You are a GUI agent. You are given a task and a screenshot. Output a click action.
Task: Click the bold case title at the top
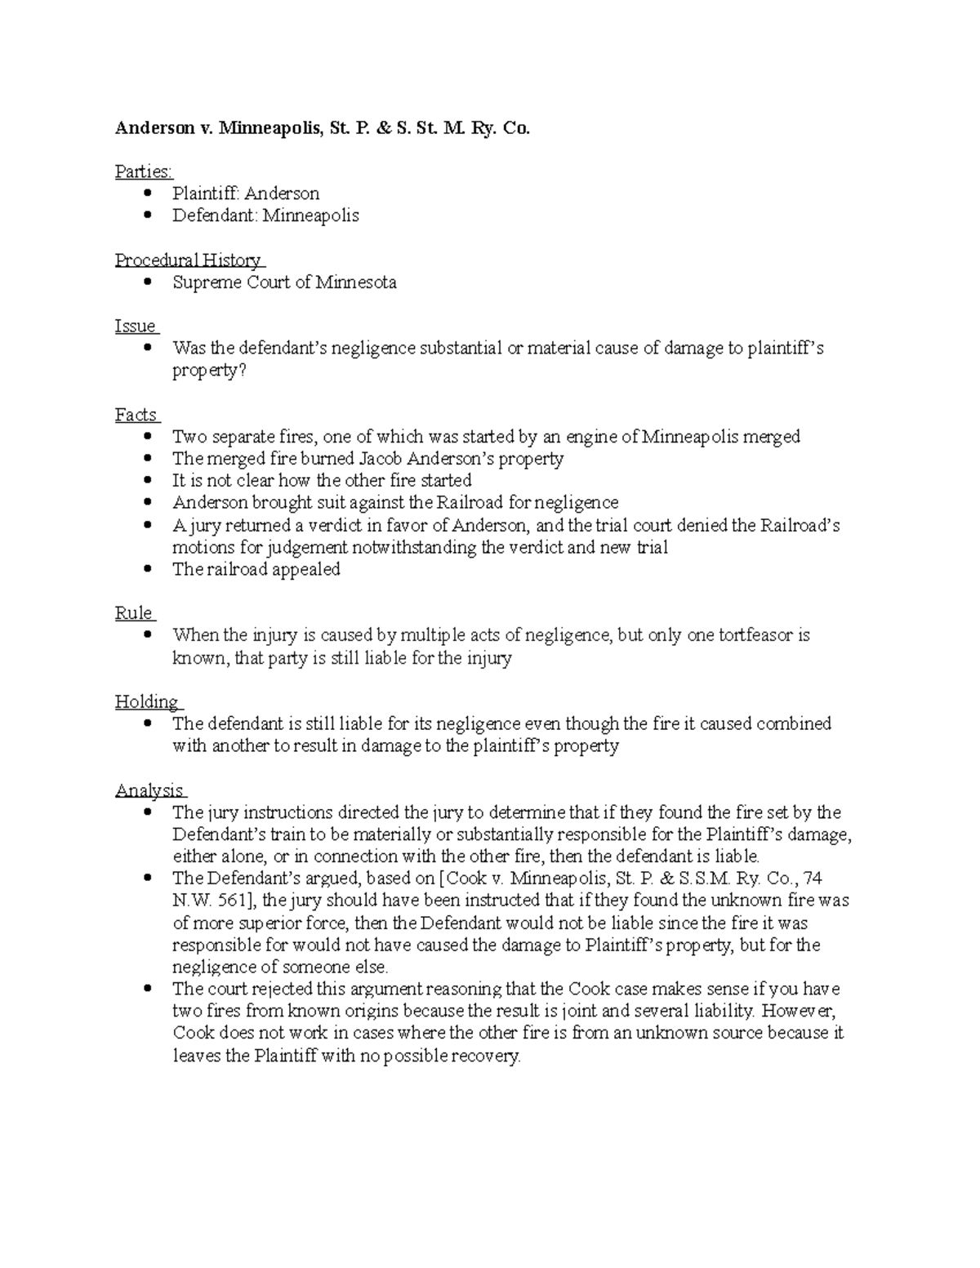pos(323,128)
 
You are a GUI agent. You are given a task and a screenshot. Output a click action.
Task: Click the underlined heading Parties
pos(144,171)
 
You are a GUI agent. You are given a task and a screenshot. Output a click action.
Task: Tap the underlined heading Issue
pos(136,327)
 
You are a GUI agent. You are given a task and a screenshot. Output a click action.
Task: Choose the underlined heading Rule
pos(134,613)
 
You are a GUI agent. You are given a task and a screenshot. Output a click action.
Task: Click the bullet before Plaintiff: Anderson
pos(147,194)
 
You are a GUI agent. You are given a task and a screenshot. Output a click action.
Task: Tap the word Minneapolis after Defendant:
pos(310,216)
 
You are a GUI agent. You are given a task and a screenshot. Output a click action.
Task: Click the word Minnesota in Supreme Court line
pos(356,283)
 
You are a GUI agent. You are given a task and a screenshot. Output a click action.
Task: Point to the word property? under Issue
pos(208,371)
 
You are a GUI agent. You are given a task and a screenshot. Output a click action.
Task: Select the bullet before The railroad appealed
pos(147,569)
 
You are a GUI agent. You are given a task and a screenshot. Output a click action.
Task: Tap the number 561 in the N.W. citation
pos(236,901)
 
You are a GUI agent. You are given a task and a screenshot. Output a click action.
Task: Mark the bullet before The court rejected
pos(147,989)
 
